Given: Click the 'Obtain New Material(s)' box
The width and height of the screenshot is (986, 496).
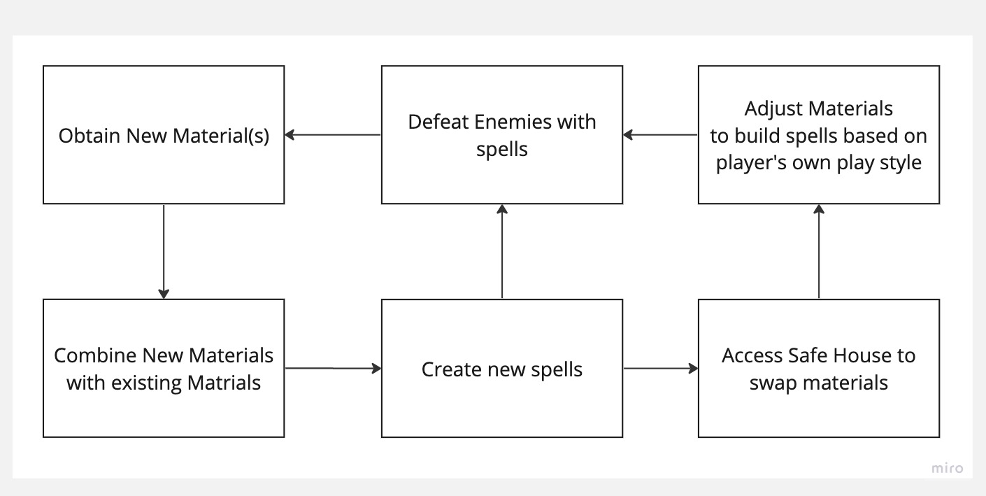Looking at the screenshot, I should (x=164, y=135).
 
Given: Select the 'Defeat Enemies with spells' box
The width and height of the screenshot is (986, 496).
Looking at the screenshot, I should (x=501, y=135).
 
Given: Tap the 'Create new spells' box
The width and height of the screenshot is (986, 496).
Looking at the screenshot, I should (x=501, y=369).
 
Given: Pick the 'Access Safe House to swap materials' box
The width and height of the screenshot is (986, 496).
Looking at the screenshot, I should (x=818, y=369).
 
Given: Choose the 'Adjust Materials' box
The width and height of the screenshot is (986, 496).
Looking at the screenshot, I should (x=818, y=135).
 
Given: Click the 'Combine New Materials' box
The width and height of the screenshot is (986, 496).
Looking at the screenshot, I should (x=164, y=369).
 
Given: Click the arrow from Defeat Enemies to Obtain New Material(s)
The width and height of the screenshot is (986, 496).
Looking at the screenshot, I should (x=333, y=135).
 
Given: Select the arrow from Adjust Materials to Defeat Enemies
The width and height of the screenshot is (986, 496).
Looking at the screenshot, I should (x=660, y=135).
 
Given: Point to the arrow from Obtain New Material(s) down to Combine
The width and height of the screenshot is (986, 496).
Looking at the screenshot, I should (x=164, y=252).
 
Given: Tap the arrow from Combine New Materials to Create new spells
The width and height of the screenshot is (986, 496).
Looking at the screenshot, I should (x=333, y=367).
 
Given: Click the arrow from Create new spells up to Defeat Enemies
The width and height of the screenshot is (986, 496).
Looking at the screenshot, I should (x=501, y=252).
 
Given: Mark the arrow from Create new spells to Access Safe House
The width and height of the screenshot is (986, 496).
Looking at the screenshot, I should (x=660, y=368).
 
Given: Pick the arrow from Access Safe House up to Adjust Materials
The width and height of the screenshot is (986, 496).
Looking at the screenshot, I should (x=818, y=252).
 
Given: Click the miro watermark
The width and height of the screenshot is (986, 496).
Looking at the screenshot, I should (x=947, y=469).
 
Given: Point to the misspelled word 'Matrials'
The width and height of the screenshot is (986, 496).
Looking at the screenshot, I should (x=224, y=383).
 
